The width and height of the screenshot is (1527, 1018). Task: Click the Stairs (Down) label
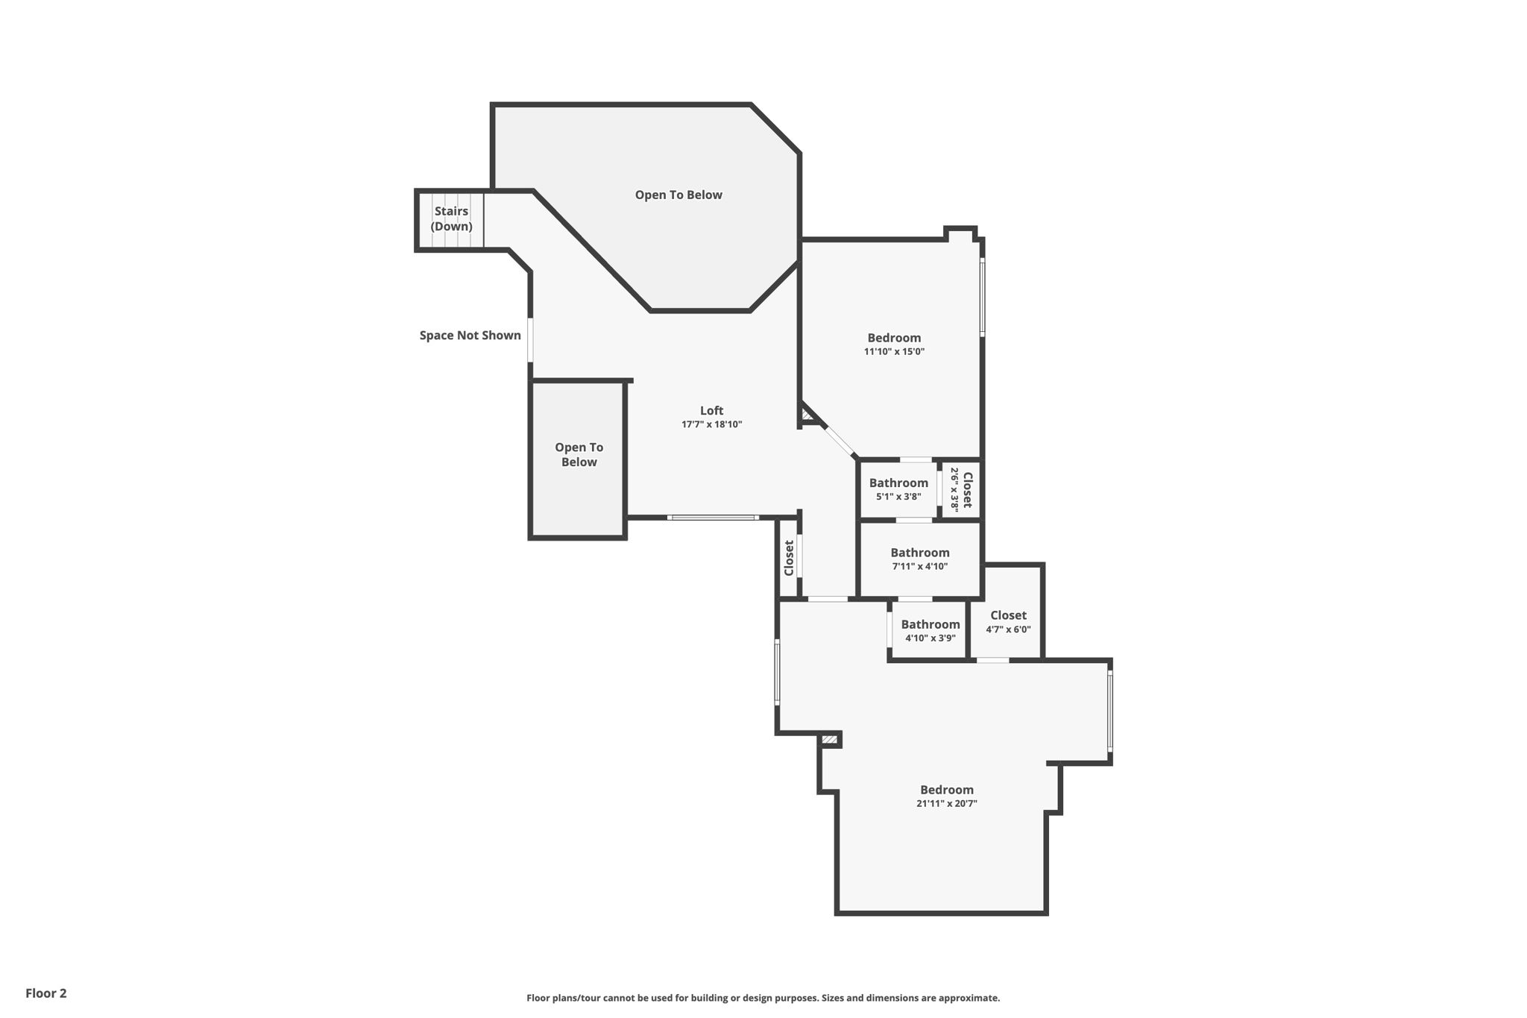point(451,219)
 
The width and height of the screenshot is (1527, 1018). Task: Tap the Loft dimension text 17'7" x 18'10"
point(711,424)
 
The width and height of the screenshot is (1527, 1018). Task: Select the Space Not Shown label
point(470,336)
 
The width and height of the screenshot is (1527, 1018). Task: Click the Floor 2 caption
point(46,993)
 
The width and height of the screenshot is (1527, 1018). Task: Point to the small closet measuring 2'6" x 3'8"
point(960,489)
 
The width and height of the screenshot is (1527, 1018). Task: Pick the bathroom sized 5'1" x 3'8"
point(898,489)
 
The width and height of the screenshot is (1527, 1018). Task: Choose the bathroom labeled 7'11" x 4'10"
point(919,559)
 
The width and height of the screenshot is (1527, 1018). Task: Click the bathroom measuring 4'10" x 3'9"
point(930,631)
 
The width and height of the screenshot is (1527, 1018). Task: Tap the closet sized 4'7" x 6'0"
point(1008,621)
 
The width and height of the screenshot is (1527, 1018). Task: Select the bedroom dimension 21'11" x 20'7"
point(946,803)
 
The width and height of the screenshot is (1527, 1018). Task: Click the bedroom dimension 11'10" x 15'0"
point(894,351)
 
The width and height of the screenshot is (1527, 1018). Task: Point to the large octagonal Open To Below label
point(679,195)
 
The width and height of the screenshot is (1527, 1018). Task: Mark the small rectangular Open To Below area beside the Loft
point(579,455)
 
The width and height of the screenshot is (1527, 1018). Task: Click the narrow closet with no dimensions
point(789,558)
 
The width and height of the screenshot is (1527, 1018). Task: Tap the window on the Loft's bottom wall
point(713,517)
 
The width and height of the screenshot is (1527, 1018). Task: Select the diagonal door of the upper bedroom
point(840,441)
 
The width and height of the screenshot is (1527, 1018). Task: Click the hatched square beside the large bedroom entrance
point(830,740)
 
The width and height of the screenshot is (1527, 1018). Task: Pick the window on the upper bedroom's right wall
point(982,296)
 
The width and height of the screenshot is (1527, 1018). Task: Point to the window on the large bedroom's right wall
point(1109,711)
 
